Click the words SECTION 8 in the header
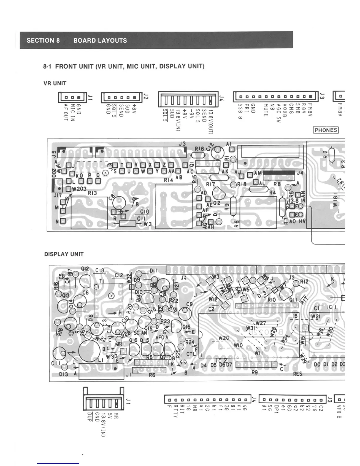coord(43,41)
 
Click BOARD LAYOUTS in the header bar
coord(100,41)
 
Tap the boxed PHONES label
coord(326,130)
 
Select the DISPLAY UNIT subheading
coord(64,254)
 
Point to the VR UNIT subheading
coord(55,83)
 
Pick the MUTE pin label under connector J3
coord(266,110)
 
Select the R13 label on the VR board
coord(92,193)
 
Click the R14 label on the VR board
coord(169,180)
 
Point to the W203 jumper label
coord(79,189)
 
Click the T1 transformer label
coord(102,281)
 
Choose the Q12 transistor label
coord(85,269)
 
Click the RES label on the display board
coord(297,374)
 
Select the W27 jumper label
coord(261,323)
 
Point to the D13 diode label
coord(63,374)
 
